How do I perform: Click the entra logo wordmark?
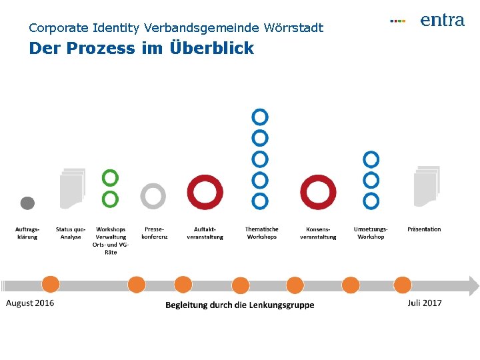point(442,21)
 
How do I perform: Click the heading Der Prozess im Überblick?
point(141,49)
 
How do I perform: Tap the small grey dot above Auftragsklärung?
point(27,203)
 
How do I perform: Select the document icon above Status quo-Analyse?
point(72,187)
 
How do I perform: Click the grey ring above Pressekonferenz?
point(153,195)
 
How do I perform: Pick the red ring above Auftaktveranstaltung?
point(205,191)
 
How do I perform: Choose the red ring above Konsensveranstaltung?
point(318,191)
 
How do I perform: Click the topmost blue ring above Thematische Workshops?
point(260,117)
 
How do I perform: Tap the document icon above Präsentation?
point(426,186)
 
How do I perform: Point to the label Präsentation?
point(424,229)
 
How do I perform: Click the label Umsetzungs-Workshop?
point(371,233)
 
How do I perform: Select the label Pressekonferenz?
point(155,233)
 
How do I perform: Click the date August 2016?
point(31,303)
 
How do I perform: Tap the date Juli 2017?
point(425,303)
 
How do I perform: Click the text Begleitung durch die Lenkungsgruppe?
point(240,305)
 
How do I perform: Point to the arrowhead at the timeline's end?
point(473,286)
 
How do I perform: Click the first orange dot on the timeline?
point(51,285)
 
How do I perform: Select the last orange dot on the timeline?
point(403,285)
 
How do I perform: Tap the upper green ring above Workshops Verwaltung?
point(111,177)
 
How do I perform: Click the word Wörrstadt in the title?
point(293,28)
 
